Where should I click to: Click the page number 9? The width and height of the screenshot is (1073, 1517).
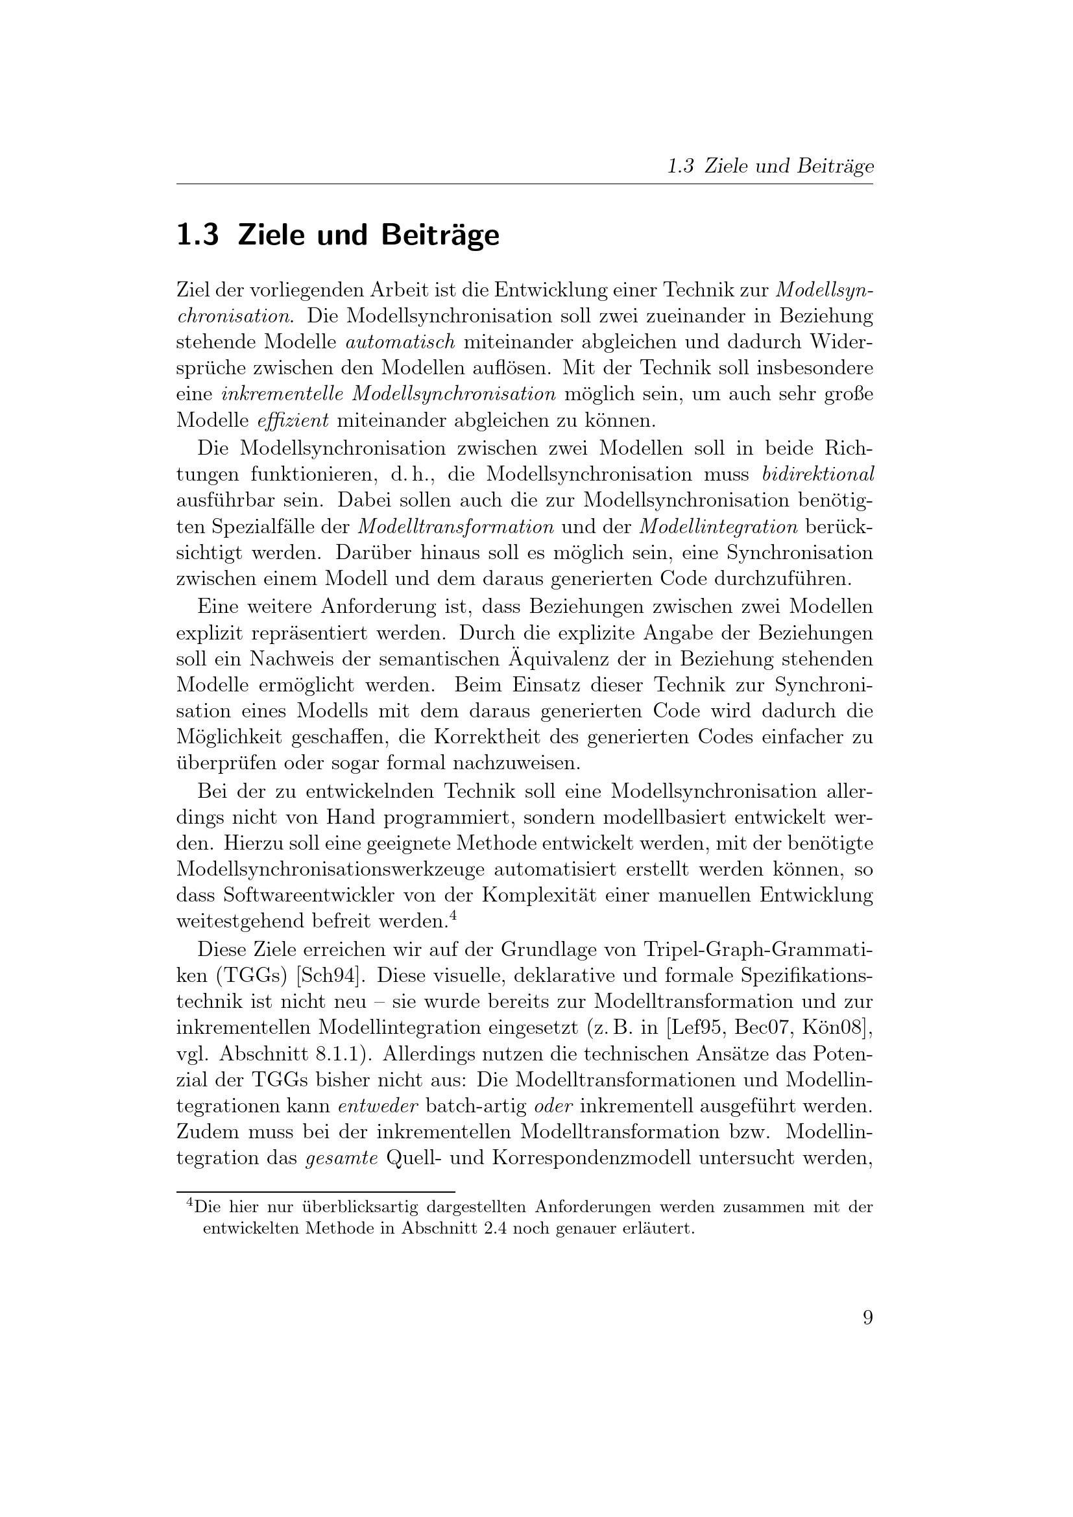click(x=867, y=1318)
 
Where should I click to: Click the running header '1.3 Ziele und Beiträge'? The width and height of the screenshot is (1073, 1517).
click(x=770, y=166)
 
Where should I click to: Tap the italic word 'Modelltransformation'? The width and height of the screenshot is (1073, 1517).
click(x=455, y=527)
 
